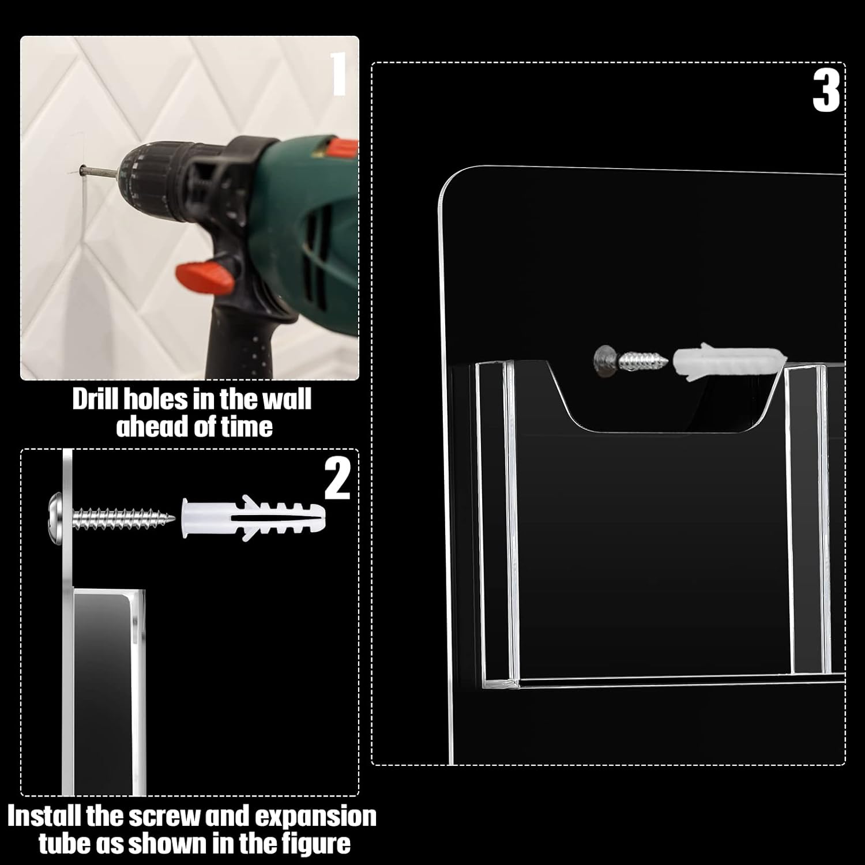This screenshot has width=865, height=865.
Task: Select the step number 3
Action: (826, 92)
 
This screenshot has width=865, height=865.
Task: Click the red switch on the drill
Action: (205, 277)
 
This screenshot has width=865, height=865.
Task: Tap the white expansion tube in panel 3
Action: (728, 360)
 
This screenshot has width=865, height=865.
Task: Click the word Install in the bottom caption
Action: (45, 817)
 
